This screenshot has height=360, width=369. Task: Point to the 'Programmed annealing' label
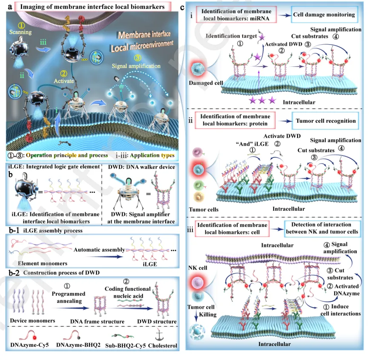click(x=68, y=297)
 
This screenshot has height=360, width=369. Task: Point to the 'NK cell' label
click(x=199, y=268)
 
